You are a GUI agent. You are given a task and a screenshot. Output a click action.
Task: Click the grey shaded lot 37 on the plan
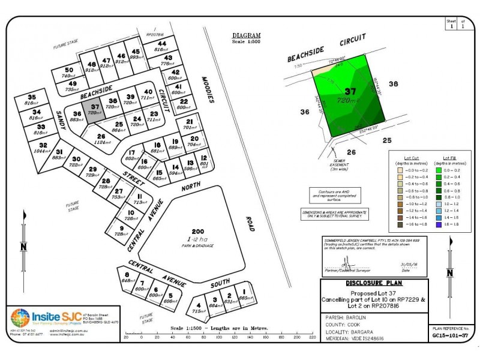93,112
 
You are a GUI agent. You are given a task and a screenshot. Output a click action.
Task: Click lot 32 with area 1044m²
43,149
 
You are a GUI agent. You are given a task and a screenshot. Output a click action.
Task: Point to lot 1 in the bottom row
244,295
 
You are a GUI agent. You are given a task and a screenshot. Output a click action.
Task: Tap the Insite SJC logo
20,318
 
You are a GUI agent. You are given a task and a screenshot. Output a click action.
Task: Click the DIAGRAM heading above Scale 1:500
247,36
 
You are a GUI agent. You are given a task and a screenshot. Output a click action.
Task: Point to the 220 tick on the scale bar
311,337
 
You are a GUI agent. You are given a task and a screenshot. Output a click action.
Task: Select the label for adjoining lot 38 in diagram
394,84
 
